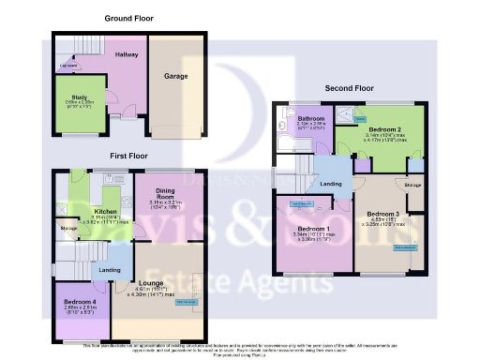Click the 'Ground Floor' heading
(x=129, y=18)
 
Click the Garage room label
(x=176, y=76)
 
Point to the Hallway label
(x=127, y=55)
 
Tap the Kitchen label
(x=105, y=212)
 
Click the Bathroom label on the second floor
(x=311, y=119)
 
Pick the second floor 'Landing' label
(x=330, y=185)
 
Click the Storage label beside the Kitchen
(x=68, y=228)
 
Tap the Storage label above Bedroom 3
(x=413, y=186)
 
